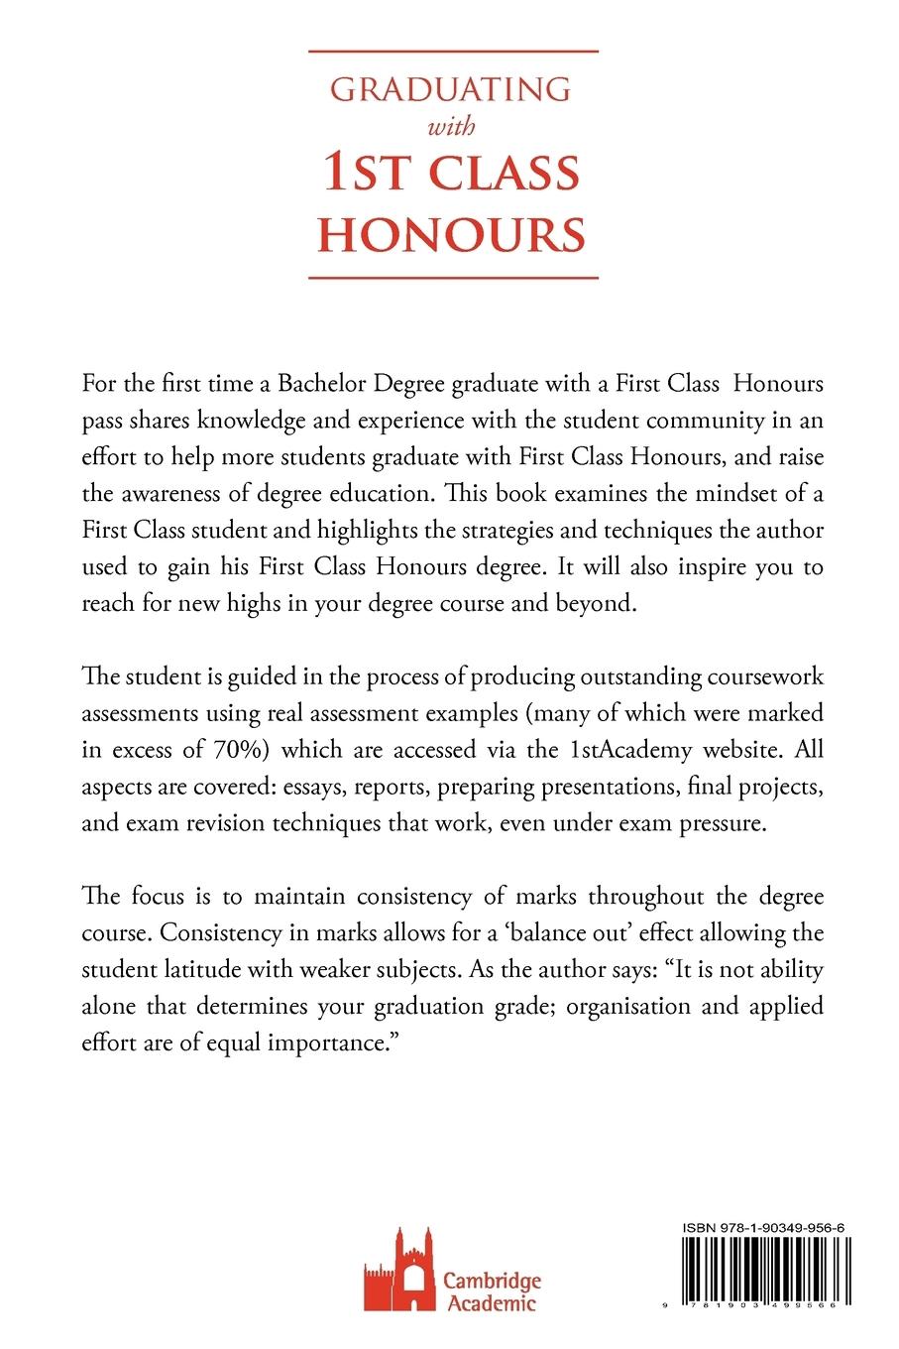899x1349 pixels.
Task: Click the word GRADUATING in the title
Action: tap(450, 90)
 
